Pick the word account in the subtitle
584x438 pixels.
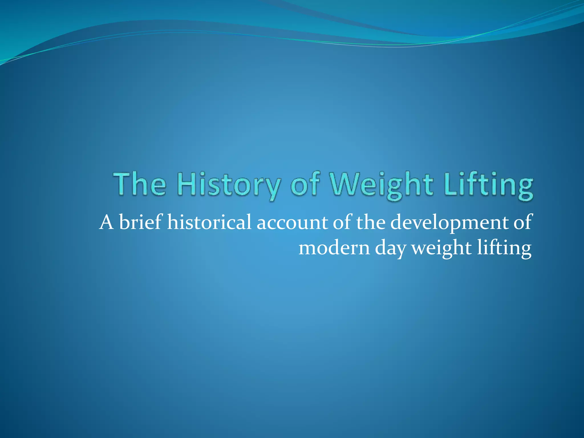[x=292, y=222]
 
